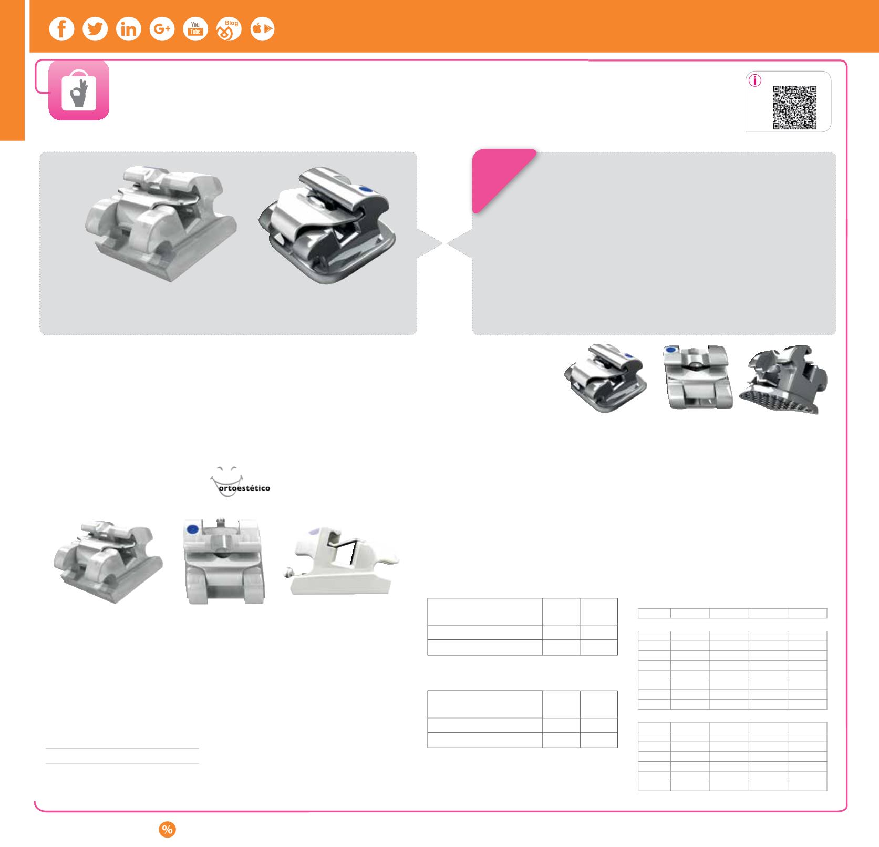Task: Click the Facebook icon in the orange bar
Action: click(x=61, y=29)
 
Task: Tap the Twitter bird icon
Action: click(x=95, y=29)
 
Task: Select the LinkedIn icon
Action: click(x=129, y=29)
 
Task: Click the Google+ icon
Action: click(x=162, y=29)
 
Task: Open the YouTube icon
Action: click(x=195, y=29)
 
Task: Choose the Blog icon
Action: click(x=229, y=29)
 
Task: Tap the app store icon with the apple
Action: click(x=262, y=29)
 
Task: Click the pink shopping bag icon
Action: click(x=79, y=90)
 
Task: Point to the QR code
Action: click(x=794, y=108)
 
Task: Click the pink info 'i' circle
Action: click(x=754, y=81)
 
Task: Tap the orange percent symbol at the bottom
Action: click(x=167, y=830)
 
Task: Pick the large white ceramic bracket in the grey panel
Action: click(x=161, y=223)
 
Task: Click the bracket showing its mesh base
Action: click(x=784, y=379)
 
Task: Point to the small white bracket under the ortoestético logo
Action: click(x=108, y=562)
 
